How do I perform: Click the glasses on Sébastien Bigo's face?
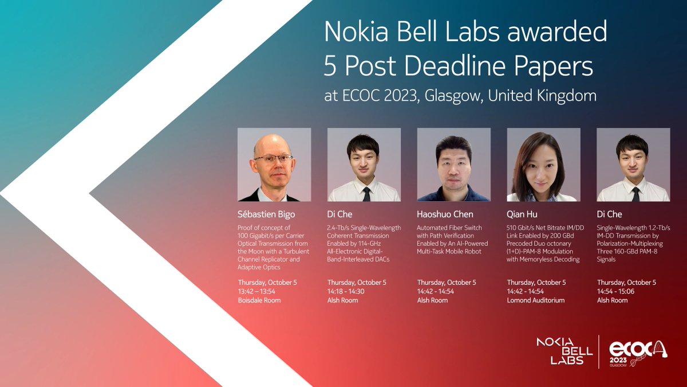(273, 158)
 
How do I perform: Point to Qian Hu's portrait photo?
(543, 165)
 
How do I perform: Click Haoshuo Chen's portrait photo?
(453, 165)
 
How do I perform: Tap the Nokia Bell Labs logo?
(560, 350)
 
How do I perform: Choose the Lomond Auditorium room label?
(536, 300)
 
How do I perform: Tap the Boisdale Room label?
(259, 300)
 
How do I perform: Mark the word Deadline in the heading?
(462, 67)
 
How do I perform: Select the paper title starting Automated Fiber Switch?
(452, 240)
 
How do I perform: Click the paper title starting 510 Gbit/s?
(543, 244)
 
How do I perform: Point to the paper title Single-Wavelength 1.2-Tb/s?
(633, 244)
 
